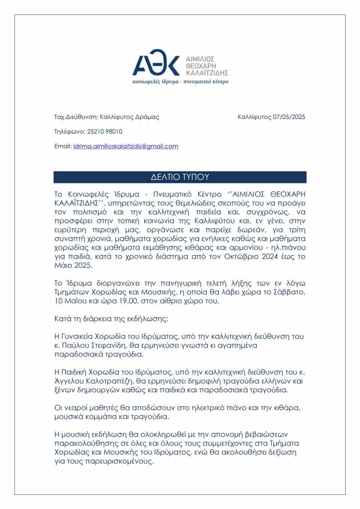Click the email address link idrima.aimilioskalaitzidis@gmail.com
125,146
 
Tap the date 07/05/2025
289,117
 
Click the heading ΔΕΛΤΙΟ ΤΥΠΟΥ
180,177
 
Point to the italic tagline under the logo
180,82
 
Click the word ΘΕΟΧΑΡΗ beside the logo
201,66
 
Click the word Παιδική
71,372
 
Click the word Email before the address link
63,146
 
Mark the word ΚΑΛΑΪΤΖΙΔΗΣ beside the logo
207,73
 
